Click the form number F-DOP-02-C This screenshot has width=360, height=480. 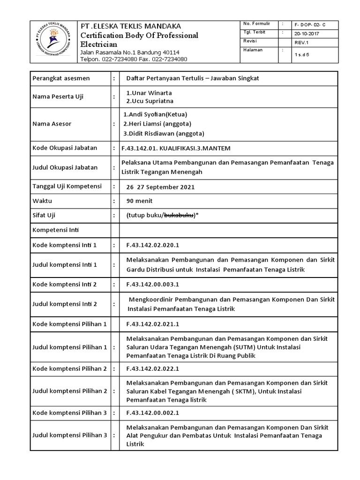(309, 24)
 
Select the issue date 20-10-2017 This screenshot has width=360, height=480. (307, 33)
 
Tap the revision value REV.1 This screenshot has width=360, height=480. (302, 42)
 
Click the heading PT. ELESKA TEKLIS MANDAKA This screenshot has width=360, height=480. (131, 26)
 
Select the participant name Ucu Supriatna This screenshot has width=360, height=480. (150, 101)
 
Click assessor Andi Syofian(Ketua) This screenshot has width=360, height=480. (154, 114)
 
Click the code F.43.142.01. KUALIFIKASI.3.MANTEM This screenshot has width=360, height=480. (176, 148)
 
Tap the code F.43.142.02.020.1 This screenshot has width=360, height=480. (153, 245)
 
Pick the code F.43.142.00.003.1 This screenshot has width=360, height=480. (153, 285)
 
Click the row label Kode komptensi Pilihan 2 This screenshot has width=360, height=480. (70, 369)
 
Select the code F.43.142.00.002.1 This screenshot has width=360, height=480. (153, 413)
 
